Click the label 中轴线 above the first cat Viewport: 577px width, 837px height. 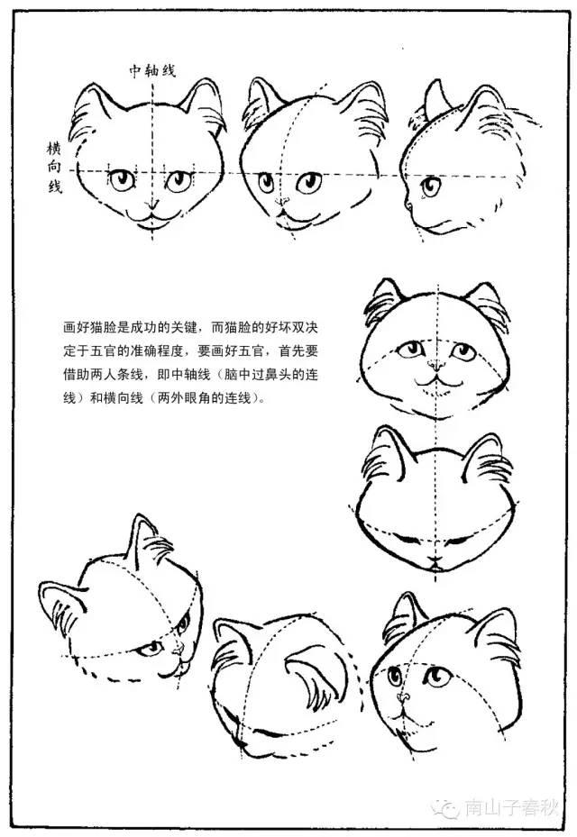(150, 70)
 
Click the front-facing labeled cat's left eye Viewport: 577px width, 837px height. (121, 179)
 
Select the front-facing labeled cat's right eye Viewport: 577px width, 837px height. (179, 179)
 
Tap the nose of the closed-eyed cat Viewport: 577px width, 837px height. (435, 560)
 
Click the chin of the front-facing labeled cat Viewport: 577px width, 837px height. (151, 226)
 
